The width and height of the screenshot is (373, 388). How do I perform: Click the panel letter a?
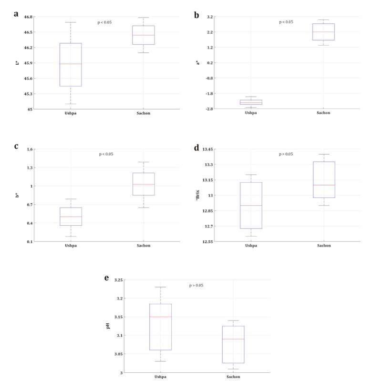click(x=16, y=14)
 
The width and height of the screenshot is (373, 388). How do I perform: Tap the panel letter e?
click(x=106, y=278)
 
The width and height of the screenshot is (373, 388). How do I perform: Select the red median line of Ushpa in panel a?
click(x=71, y=64)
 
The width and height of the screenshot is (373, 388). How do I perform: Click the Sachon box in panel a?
click(x=144, y=35)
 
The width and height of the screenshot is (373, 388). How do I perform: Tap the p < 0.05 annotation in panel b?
click(x=286, y=22)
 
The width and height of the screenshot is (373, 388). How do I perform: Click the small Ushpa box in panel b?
click(x=251, y=102)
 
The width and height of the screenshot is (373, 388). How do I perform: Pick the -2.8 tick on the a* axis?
click(x=208, y=109)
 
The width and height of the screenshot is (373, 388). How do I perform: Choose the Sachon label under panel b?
click(x=323, y=113)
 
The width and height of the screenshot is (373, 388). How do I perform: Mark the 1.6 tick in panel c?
click(x=30, y=149)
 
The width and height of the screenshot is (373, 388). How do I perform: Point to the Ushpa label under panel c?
click(x=71, y=246)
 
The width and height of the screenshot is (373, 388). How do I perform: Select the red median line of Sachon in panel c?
click(x=144, y=184)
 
